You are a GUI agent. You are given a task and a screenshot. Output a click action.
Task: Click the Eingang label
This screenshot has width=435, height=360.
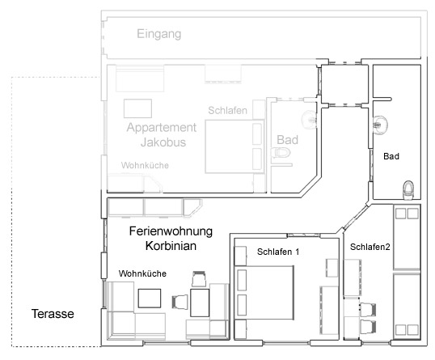(159, 35)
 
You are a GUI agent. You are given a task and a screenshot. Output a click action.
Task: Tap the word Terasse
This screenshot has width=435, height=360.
(53, 314)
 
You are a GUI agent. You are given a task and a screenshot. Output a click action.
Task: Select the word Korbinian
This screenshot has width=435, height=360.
(171, 246)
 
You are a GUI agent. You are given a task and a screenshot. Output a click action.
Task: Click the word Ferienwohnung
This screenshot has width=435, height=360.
(171, 231)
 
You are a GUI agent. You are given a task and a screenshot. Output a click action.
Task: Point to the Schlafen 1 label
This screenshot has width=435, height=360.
(278, 252)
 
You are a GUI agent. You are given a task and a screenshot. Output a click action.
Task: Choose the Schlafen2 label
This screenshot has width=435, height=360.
(370, 247)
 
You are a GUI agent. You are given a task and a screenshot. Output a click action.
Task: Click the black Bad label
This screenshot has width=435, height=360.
(391, 156)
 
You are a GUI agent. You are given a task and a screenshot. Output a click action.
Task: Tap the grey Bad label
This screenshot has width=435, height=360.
(287, 140)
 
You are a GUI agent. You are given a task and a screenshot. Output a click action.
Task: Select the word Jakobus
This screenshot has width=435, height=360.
(163, 142)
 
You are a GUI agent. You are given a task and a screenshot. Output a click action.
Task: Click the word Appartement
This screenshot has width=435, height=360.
(162, 128)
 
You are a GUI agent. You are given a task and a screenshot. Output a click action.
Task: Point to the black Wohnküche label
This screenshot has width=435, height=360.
(142, 273)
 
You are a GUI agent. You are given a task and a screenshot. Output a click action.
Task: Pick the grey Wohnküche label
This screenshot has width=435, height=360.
(145, 165)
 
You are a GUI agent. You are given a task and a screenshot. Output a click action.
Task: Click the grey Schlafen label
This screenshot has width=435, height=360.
(228, 111)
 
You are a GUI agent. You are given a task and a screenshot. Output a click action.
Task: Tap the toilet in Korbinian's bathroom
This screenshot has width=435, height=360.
(408, 190)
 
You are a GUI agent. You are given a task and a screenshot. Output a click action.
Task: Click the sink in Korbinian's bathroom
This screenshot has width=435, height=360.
(380, 125)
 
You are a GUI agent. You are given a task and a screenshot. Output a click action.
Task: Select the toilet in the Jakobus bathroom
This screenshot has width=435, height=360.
(281, 153)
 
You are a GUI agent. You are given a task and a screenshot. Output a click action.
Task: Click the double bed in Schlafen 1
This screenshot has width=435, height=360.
(264, 293)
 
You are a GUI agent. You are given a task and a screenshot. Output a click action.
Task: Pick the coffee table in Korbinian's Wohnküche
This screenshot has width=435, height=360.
(150, 299)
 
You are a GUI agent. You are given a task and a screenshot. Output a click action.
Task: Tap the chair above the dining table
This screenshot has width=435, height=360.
(199, 279)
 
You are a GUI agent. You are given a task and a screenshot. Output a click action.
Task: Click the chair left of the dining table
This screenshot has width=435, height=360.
(180, 302)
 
